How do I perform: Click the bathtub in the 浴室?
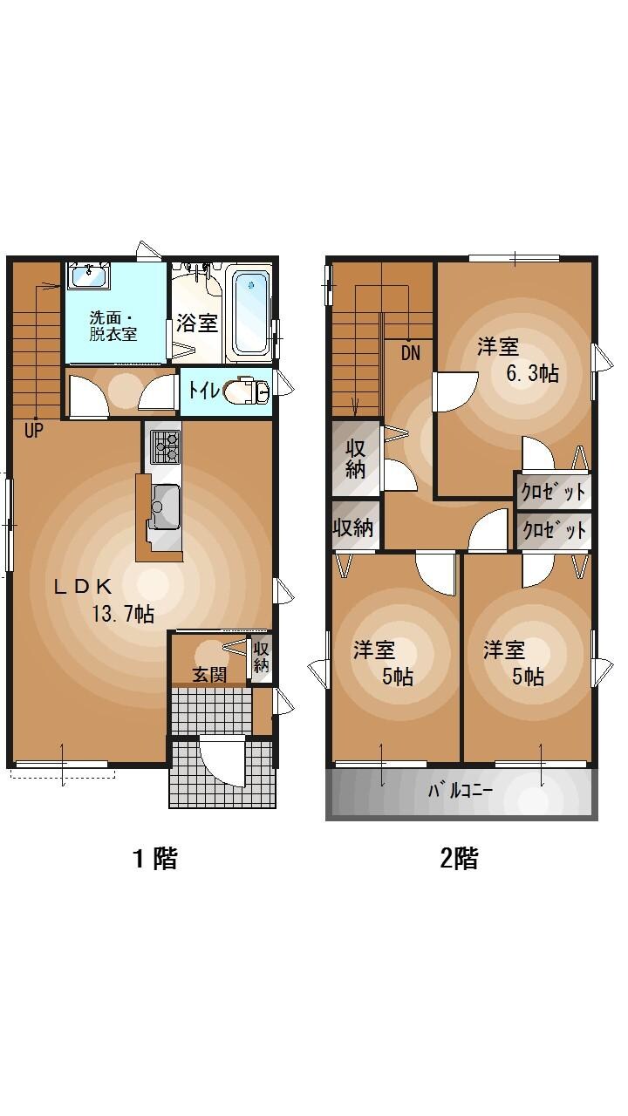click(x=251, y=312)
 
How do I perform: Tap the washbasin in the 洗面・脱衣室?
click(x=88, y=276)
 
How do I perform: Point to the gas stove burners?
click(x=165, y=446)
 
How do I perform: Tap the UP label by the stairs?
click(x=34, y=429)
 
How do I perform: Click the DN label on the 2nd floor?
click(x=411, y=353)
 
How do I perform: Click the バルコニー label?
click(x=460, y=792)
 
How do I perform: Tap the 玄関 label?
click(x=209, y=674)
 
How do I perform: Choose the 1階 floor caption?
click(x=154, y=859)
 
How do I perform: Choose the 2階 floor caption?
click(x=459, y=859)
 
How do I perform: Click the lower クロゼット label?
click(x=553, y=530)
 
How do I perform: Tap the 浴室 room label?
click(x=196, y=323)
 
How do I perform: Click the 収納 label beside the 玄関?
click(x=261, y=657)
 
